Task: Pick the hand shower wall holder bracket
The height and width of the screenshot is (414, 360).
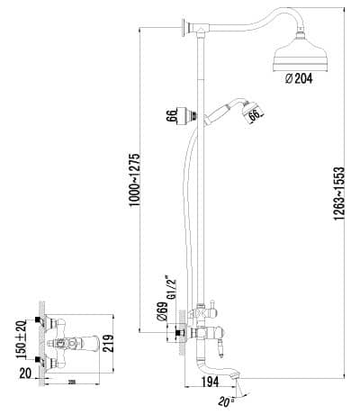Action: (192, 115)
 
